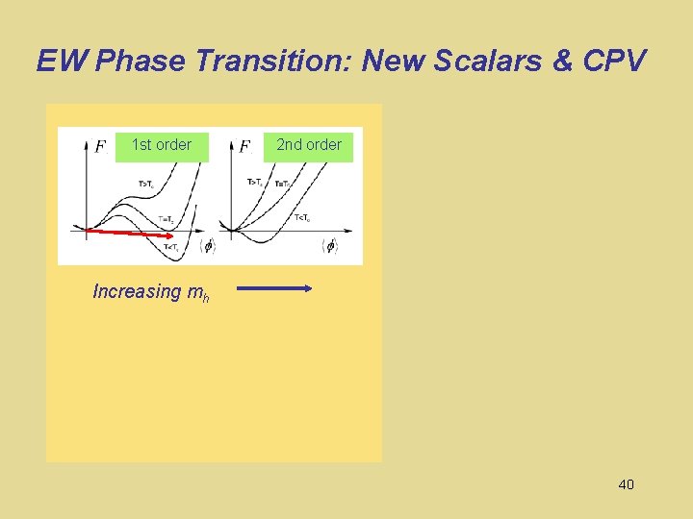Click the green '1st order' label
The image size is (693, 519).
[x=162, y=145]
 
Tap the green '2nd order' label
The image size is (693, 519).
[x=309, y=145]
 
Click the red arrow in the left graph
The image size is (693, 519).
[x=126, y=233]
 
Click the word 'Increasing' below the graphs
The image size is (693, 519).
[x=137, y=291]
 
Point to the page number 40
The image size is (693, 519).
[x=626, y=484]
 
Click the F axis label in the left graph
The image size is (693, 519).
[x=100, y=147]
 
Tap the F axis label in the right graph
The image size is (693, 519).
[x=244, y=147]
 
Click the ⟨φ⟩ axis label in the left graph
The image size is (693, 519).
[x=206, y=246]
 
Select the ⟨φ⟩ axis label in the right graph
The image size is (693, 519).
[x=329, y=246]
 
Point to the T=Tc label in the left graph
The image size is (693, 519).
[x=166, y=219]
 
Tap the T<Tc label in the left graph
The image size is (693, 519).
[x=171, y=248]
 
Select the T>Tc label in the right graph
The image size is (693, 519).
[x=257, y=182]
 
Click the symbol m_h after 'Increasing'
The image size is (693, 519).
[x=198, y=293]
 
